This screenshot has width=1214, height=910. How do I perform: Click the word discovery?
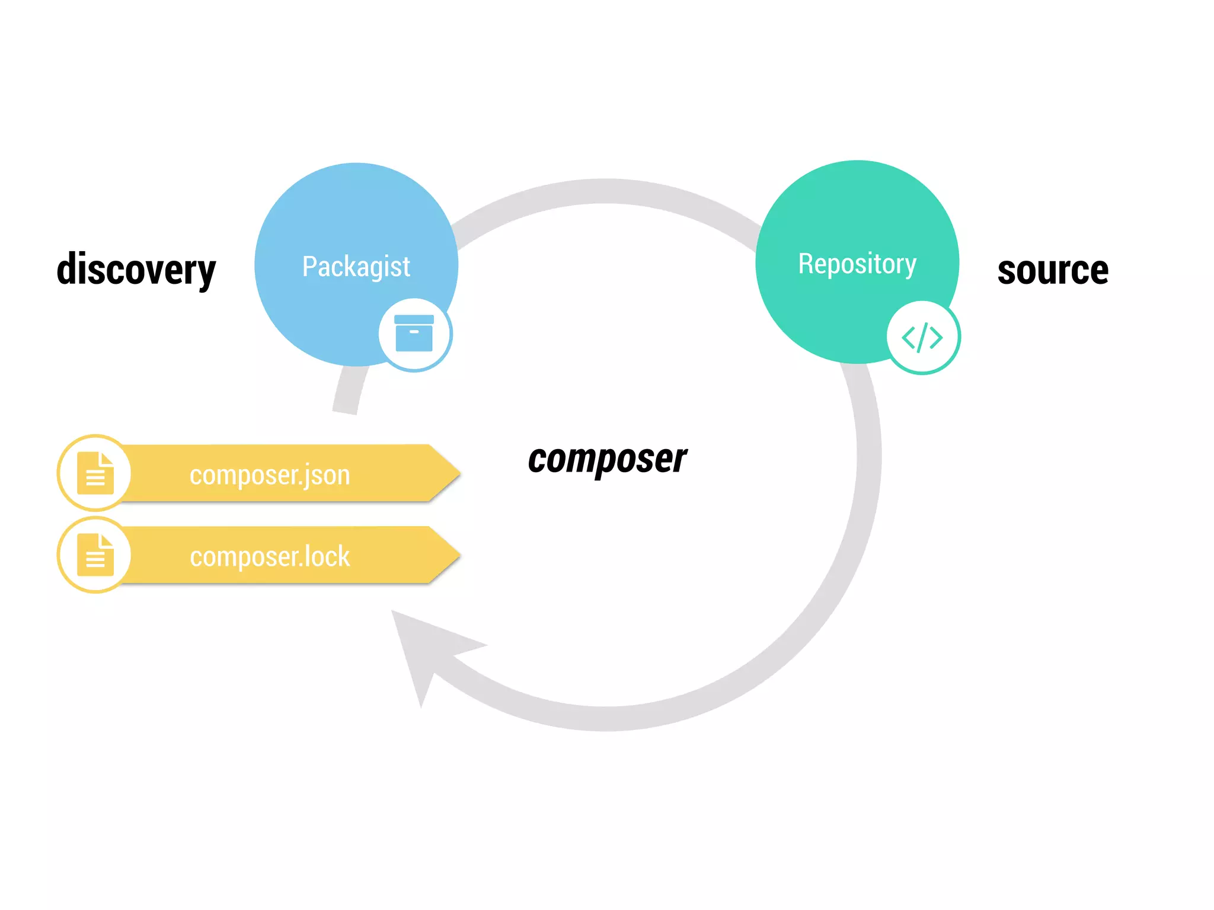(136, 270)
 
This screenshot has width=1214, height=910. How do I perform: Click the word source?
(1053, 271)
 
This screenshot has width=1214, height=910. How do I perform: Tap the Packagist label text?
(356, 267)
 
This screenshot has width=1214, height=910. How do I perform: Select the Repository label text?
(857, 264)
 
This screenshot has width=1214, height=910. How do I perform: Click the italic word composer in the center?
(607, 459)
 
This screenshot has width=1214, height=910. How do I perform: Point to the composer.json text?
(270, 475)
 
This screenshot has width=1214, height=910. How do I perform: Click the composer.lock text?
(270, 557)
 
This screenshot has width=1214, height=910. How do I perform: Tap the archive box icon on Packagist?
(414, 334)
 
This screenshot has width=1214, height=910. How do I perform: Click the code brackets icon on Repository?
(922, 338)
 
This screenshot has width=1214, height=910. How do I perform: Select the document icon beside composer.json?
(95, 473)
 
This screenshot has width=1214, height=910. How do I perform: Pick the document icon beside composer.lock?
(95, 555)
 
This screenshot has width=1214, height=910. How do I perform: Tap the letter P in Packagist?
(309, 267)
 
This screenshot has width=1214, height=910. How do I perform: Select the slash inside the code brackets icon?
(922, 338)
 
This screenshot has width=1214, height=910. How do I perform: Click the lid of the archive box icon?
(414, 319)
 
